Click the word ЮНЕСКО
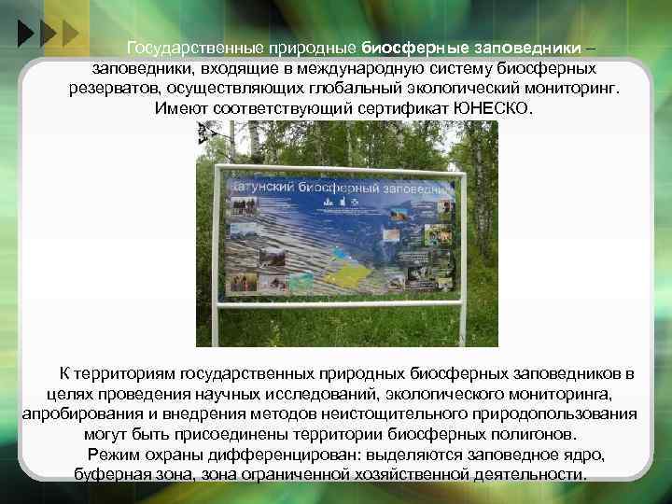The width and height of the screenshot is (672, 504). [x=491, y=109]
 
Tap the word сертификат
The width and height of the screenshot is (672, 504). [x=407, y=109]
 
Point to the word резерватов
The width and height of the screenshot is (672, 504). [x=114, y=88]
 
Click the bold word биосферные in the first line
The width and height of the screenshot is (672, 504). [x=409, y=47]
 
